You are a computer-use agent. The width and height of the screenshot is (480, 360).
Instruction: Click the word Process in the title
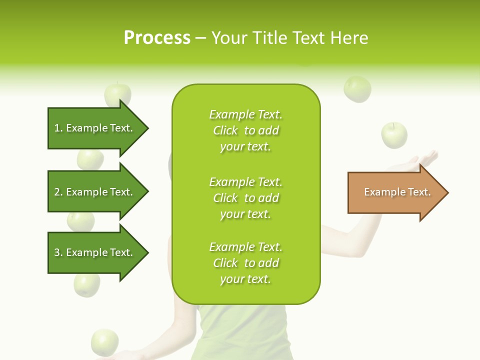(x=157, y=38)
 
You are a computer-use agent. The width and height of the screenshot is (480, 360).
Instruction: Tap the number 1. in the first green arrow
(x=58, y=128)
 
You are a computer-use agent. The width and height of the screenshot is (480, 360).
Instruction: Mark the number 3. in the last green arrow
(x=58, y=252)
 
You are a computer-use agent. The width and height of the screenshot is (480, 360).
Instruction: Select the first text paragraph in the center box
(x=245, y=130)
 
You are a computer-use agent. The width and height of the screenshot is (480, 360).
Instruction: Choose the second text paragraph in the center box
(x=245, y=198)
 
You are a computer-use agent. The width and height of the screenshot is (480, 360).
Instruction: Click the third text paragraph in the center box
(x=245, y=263)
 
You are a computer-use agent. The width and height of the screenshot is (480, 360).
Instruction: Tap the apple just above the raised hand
(x=394, y=135)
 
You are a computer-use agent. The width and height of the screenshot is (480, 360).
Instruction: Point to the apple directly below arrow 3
(x=87, y=285)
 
